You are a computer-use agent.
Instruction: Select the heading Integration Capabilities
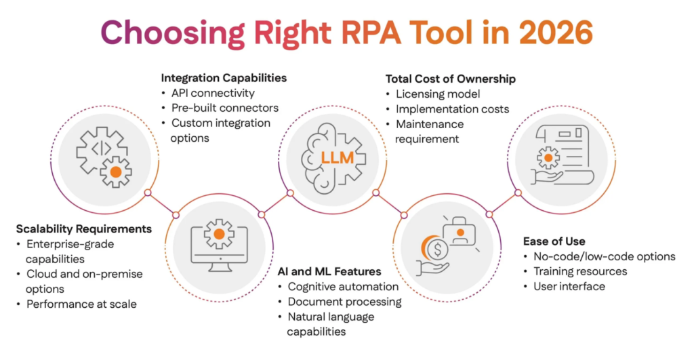224,78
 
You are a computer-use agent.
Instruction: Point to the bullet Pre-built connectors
225,108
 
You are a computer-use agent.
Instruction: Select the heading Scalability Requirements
83,229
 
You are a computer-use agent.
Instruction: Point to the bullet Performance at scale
81,304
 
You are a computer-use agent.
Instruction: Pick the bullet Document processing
344,301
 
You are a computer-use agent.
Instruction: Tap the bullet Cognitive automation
342,286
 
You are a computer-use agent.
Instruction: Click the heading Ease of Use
554,241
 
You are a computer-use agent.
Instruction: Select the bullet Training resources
581,271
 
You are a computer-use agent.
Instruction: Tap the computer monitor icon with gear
218,243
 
